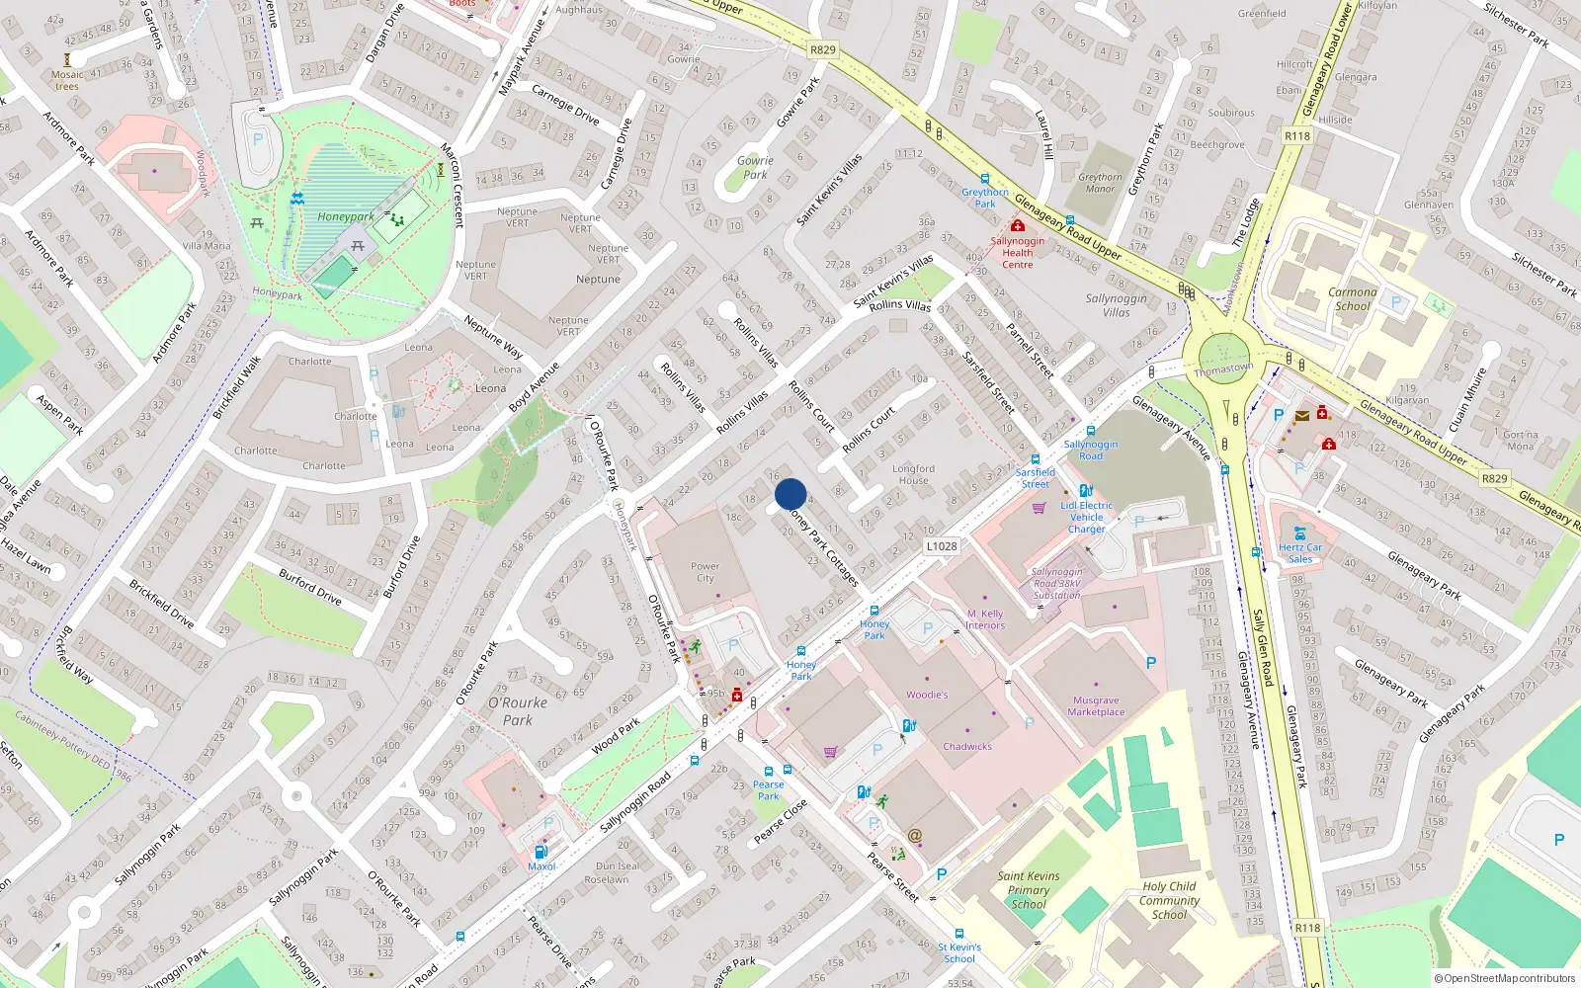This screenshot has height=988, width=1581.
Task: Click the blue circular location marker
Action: click(x=790, y=494)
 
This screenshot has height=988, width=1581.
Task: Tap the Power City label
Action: click(x=705, y=572)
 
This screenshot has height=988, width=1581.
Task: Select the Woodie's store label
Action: click(x=927, y=695)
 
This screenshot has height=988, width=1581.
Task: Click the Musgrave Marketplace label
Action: click(x=1096, y=705)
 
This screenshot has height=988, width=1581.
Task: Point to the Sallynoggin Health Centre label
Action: click(x=1018, y=252)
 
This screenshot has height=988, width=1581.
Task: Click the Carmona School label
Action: click(x=1353, y=298)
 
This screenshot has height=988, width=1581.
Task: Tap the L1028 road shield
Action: click(x=942, y=545)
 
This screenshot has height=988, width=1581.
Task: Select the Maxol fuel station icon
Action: click(x=541, y=852)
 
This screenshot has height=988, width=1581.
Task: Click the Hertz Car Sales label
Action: click(x=1300, y=552)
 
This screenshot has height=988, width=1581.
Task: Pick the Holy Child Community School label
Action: click(x=1169, y=900)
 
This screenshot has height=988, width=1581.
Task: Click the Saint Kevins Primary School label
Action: click(x=1028, y=889)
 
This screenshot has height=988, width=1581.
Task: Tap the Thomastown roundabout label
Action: click(x=1223, y=370)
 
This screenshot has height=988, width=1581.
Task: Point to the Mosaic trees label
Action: click(x=67, y=80)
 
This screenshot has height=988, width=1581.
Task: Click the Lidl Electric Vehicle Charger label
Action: click(x=1087, y=517)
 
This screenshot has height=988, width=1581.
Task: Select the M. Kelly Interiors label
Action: click(x=985, y=619)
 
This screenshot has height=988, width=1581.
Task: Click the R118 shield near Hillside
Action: click(x=1297, y=135)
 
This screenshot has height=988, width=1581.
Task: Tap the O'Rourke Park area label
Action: click(x=518, y=710)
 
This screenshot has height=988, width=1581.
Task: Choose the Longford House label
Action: click(x=913, y=474)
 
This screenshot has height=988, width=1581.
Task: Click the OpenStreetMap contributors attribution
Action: click(x=1505, y=978)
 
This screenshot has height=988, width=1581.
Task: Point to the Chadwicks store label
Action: click(x=967, y=746)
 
